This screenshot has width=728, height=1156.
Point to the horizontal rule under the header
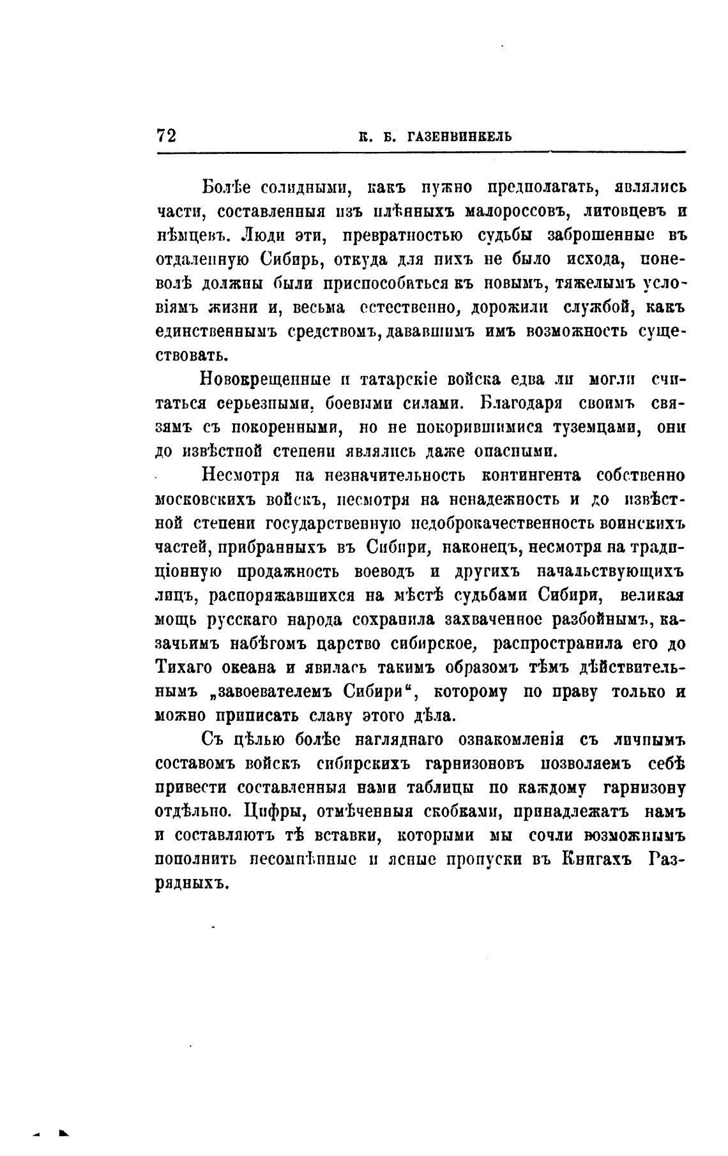tap(421, 152)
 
